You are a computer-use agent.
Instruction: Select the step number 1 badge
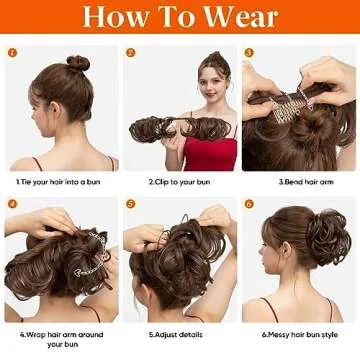12,53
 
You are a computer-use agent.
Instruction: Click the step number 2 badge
131,53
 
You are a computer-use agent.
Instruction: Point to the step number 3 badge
249,53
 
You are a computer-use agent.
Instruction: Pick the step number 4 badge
12,204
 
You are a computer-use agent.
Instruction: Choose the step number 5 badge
131,204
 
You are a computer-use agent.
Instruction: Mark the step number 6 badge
249,204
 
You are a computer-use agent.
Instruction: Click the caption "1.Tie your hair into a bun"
59,182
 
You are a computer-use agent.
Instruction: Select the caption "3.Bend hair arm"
301,182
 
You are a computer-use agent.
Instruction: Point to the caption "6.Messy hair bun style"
299,334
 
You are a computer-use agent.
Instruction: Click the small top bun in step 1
78,63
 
